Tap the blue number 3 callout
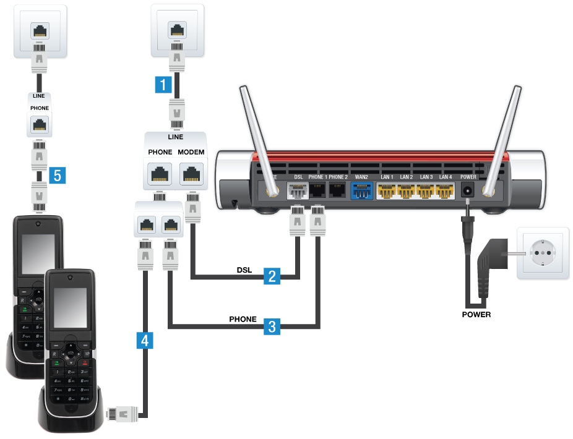[x=270, y=326]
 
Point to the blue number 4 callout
[x=144, y=339]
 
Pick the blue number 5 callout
[x=58, y=176]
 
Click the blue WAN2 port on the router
[x=362, y=192]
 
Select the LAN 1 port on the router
[x=387, y=192]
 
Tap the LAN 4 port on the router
[x=445, y=192]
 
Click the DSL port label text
[x=299, y=177]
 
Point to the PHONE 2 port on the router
[x=338, y=190]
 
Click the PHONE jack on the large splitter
[x=160, y=174]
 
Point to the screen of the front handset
[x=69, y=307]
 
